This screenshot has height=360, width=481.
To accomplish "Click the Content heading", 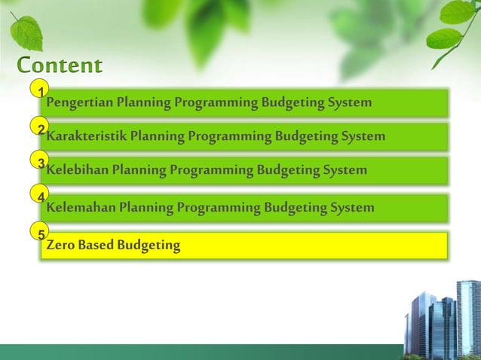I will click(60, 65).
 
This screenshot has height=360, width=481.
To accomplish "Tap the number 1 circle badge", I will click(40, 91).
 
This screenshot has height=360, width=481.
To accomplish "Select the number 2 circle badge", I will click(40, 128).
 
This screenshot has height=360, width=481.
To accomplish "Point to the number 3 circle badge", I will click(40, 161).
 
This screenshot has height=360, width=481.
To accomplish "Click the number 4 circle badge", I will click(40, 196).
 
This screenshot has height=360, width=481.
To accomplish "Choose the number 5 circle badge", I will click(40, 233).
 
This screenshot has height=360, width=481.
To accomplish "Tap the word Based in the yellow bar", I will click(94, 245).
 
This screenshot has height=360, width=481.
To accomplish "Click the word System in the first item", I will click(350, 102).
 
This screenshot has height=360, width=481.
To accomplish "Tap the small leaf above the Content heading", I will click(26, 32).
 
